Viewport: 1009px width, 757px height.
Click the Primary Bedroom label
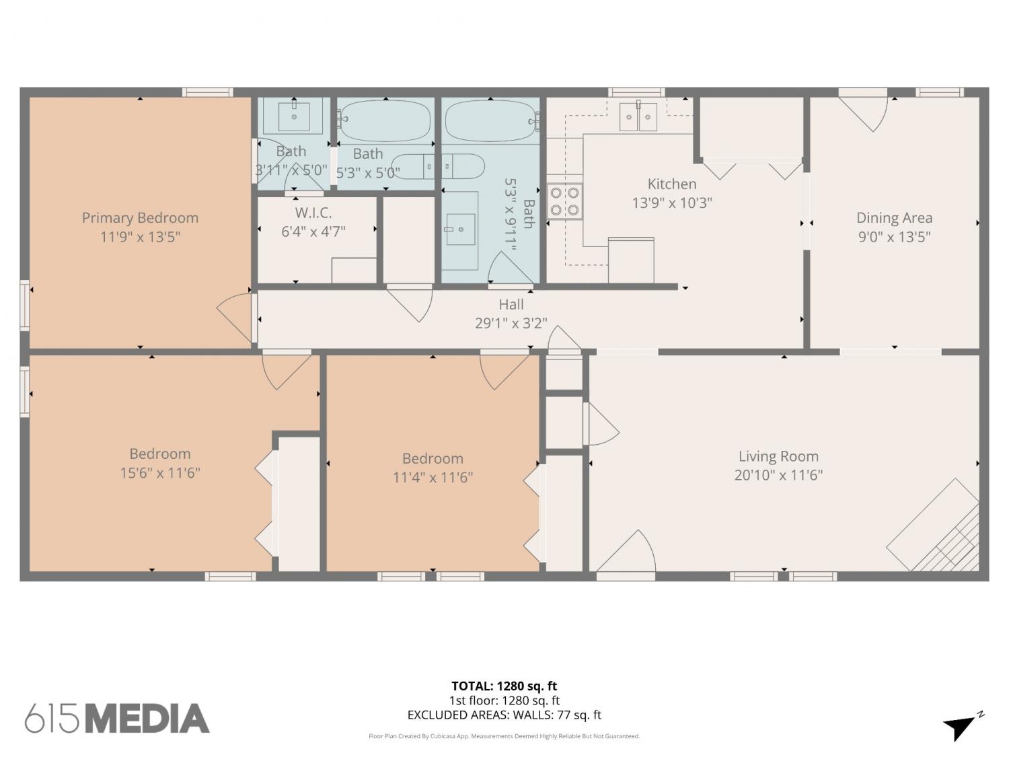tap(140, 218)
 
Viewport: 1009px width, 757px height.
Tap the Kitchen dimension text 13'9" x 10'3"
tap(672, 203)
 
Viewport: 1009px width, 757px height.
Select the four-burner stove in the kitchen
tap(564, 201)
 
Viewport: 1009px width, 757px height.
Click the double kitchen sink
tap(638, 116)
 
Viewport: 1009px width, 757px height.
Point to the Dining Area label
tap(895, 218)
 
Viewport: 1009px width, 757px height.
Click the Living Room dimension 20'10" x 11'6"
tap(779, 475)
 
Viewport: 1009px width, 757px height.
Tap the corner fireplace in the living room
tap(933, 526)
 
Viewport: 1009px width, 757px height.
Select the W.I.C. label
tap(313, 213)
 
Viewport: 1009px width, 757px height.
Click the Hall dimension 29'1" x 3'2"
tap(511, 323)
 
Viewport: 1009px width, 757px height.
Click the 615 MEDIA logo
tap(117, 719)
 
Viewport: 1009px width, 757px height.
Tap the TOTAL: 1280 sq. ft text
tap(504, 686)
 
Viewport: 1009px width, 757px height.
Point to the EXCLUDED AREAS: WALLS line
tap(504, 715)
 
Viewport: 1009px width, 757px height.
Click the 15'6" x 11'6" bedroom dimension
tap(160, 473)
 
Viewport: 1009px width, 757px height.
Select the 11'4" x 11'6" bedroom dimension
tap(433, 478)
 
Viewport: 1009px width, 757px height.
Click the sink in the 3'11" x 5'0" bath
tap(294, 116)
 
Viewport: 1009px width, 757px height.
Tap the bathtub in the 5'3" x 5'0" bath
tap(385, 120)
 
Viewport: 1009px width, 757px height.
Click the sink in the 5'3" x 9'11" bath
tap(460, 229)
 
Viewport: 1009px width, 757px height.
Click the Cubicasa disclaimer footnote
tap(504, 736)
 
